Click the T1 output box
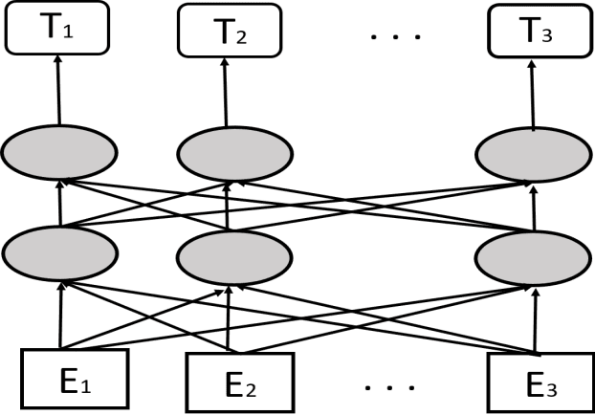coord(59,30)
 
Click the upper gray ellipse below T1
coord(60,152)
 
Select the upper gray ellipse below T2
coord(227,152)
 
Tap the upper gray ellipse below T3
coord(534,152)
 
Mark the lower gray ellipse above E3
coord(534,253)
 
